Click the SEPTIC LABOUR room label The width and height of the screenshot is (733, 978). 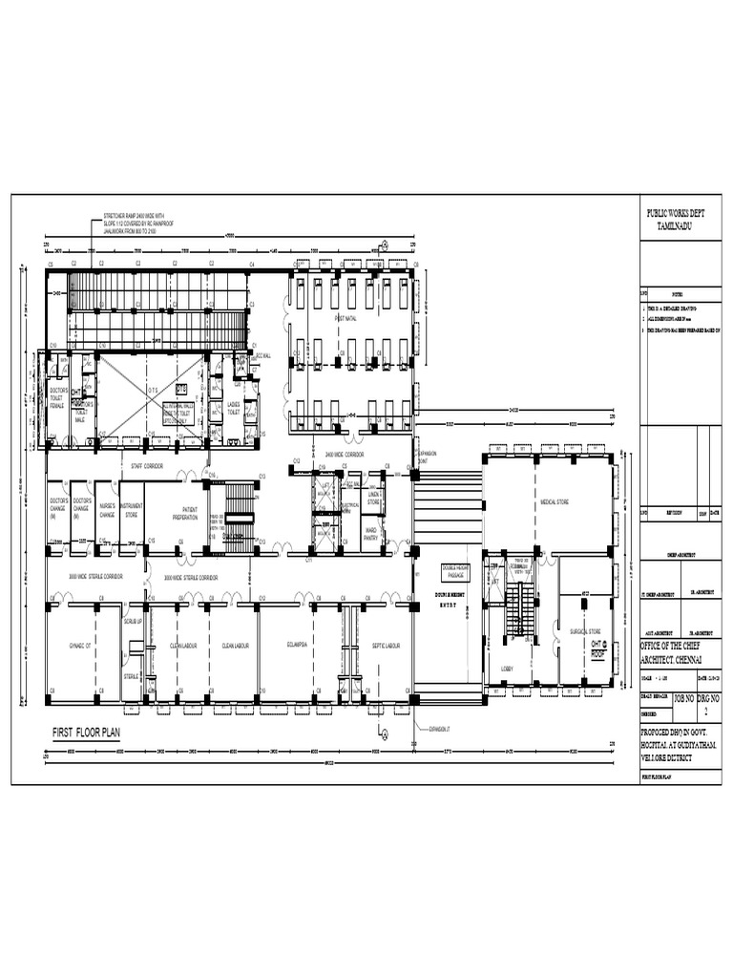385,646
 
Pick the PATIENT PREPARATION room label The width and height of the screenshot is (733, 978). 185,515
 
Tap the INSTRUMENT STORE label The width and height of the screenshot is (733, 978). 132,510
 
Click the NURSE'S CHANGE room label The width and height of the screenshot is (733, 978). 107,511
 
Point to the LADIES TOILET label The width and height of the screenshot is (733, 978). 233,410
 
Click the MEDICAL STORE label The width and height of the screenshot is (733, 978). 555,500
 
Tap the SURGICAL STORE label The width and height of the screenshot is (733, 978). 585,631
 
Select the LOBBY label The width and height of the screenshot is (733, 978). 507,669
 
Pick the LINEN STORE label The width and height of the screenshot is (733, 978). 373,499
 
